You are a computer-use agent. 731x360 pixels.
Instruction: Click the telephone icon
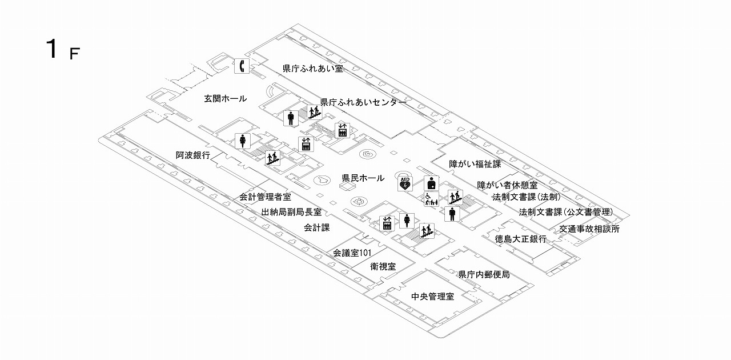point(242,66)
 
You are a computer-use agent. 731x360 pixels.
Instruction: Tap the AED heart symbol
point(405,183)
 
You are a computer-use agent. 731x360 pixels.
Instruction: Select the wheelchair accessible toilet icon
point(431,199)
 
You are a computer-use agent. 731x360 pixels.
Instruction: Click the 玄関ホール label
point(226,99)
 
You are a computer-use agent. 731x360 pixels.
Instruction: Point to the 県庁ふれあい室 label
point(312,69)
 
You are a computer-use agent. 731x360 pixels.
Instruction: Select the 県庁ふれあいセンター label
point(363,103)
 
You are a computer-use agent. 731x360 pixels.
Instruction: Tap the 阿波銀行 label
point(193,155)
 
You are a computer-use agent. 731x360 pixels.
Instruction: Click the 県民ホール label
point(363,178)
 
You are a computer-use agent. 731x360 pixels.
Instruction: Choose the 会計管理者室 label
point(265,197)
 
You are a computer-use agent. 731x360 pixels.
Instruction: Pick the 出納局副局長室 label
point(291,212)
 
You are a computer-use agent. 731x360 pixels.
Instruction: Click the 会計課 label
point(317,227)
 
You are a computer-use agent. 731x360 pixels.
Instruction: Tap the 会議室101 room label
point(353,252)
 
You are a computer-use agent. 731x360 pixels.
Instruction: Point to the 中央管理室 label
point(432,297)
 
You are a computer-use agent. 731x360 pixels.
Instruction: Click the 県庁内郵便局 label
point(484,275)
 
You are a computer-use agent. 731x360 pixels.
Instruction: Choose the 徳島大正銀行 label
point(521,239)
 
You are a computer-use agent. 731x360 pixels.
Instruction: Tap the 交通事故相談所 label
point(589,229)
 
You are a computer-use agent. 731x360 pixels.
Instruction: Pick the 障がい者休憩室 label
point(507,185)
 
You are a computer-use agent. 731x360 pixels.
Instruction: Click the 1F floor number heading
point(62,50)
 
